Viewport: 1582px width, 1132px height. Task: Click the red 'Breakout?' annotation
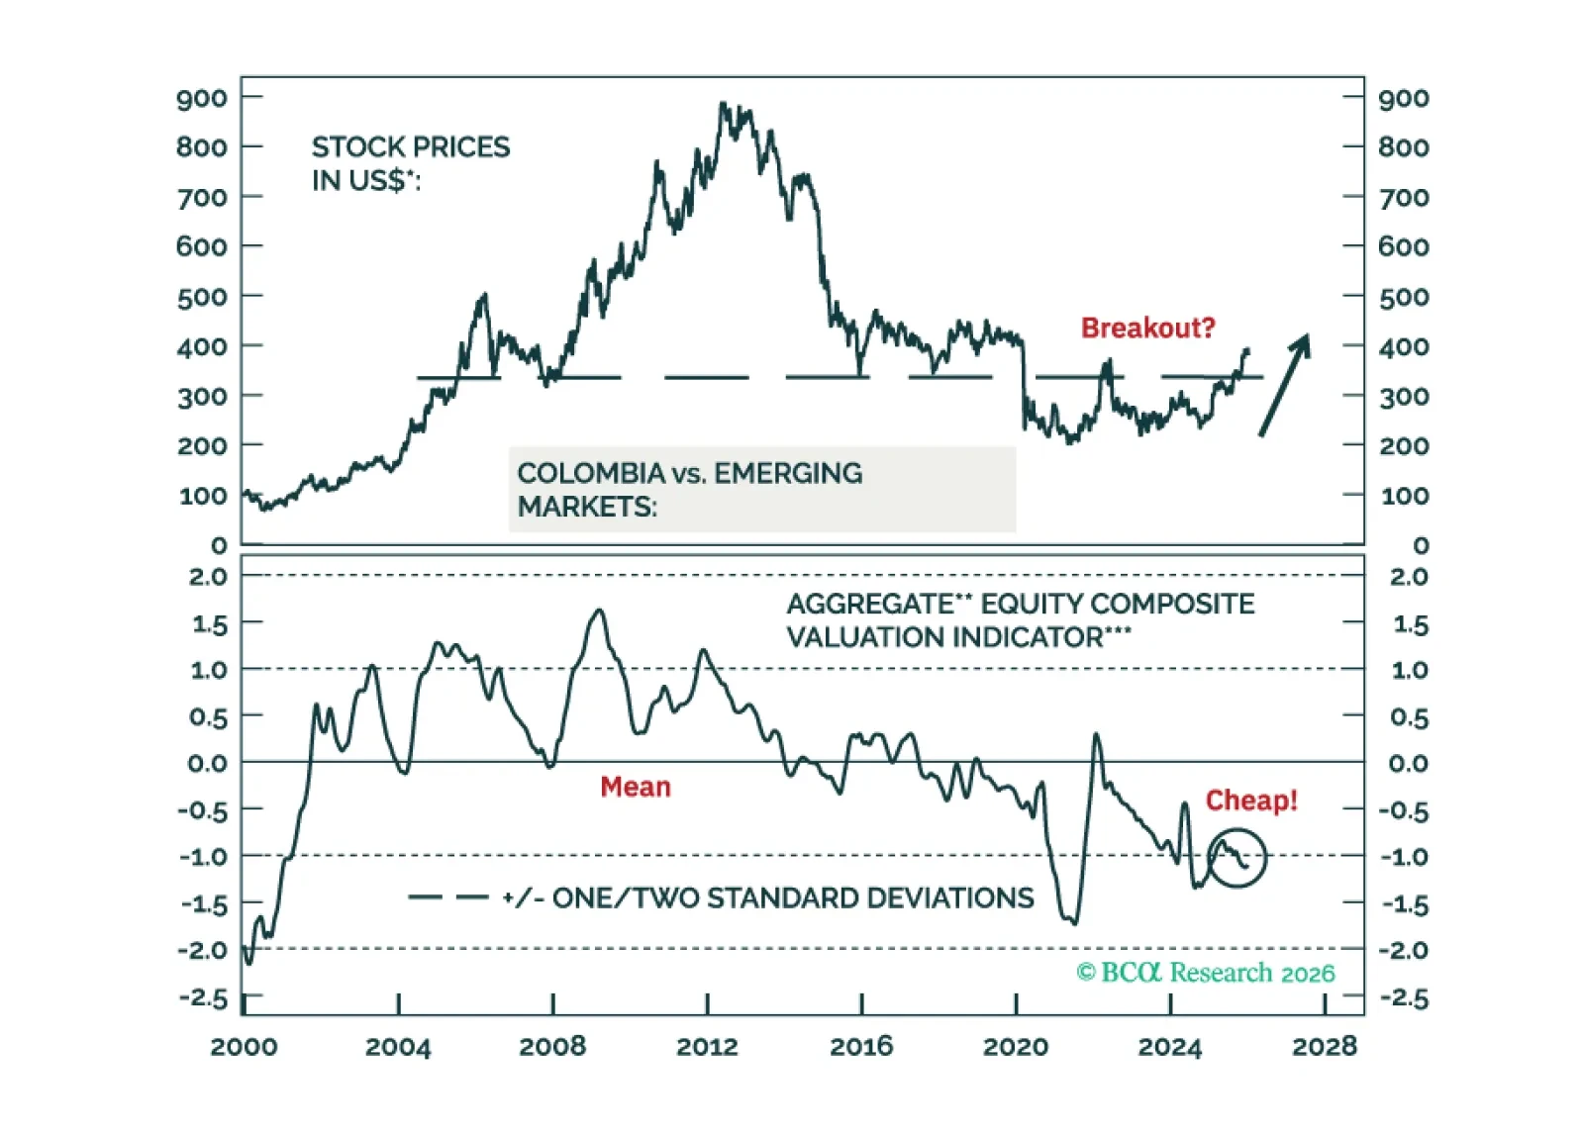pos(1146,328)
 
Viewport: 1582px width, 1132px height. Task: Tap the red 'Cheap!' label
pos(1250,801)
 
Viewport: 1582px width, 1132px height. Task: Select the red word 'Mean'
pos(635,787)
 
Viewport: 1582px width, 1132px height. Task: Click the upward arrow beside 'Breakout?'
pos(1285,384)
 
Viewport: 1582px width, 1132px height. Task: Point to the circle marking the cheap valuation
pos(1236,858)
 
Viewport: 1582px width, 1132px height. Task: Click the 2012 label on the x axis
pos(707,1047)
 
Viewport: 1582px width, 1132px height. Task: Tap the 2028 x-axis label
pos(1324,1047)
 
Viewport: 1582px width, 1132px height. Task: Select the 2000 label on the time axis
pos(244,1047)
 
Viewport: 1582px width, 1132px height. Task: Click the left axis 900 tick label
pos(202,98)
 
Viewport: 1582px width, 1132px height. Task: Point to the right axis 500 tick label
pos(1404,297)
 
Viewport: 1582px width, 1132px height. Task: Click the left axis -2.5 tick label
pos(203,997)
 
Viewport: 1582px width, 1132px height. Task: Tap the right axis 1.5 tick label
pos(1410,624)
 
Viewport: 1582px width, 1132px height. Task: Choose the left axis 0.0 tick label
pos(207,763)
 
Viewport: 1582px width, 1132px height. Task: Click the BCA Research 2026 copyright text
pos(1205,973)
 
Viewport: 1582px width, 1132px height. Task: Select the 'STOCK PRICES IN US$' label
pos(410,163)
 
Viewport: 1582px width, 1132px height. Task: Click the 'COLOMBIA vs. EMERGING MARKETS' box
pos(761,490)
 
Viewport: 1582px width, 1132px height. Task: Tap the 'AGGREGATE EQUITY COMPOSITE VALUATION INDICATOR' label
pos(1020,620)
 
